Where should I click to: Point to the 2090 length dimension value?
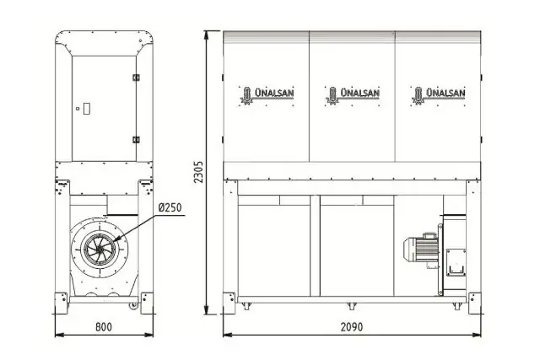(353, 327)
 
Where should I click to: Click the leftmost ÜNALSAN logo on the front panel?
(266, 94)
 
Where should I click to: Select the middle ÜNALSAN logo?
(352, 94)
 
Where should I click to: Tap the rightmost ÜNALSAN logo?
(436, 94)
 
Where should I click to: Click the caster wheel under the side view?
(132, 304)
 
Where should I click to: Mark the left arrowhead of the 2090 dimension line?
(226, 334)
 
